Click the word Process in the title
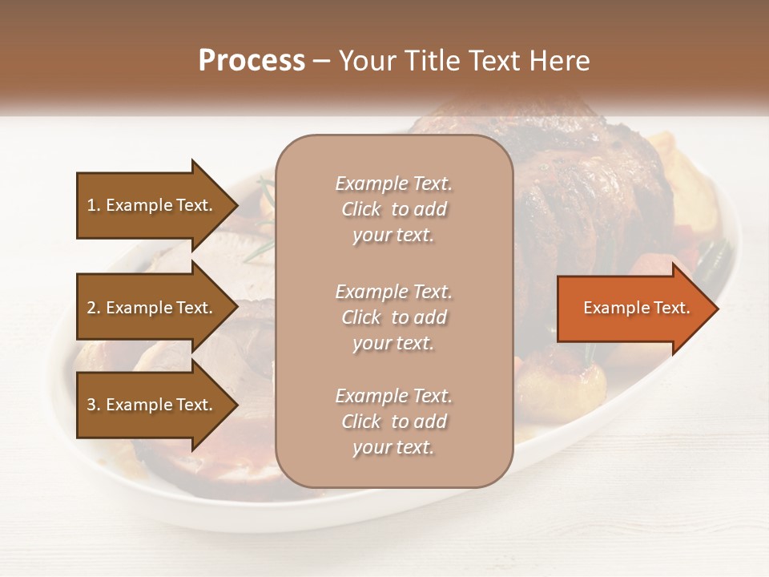click(252, 61)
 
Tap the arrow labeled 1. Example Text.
click(152, 205)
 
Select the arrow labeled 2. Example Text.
click(152, 308)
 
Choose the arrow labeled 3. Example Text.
click(152, 405)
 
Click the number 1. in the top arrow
click(94, 205)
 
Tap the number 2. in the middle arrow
click(94, 308)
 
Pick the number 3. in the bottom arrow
click(94, 405)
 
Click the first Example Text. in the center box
click(393, 184)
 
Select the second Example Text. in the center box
click(393, 291)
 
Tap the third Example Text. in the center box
click(393, 396)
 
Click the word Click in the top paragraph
click(361, 209)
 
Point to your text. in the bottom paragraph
click(393, 448)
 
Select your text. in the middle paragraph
click(393, 343)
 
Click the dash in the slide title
click(321, 61)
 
